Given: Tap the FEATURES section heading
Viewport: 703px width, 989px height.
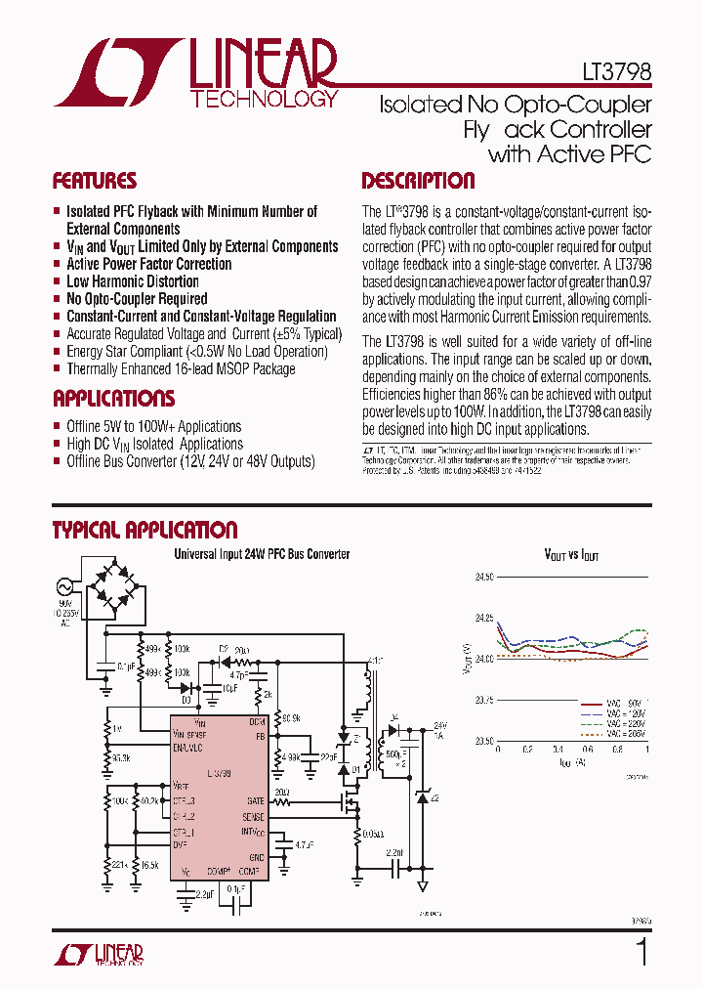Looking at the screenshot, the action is pos(94,181).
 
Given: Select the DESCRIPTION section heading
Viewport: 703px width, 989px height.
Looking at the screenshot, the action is pos(418,181).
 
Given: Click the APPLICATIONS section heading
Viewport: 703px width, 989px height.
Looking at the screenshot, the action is pos(113,399).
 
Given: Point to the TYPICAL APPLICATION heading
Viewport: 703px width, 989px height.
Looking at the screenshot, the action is pos(145,531).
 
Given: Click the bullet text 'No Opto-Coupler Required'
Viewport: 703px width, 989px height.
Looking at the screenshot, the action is pos(137,299).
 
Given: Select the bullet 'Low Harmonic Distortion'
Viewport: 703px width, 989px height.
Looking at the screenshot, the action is pos(133,281).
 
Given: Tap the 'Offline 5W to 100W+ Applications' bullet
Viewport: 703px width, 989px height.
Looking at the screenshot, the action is pos(153,426).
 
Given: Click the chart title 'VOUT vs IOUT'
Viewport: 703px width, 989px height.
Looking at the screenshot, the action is pos(571,554).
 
